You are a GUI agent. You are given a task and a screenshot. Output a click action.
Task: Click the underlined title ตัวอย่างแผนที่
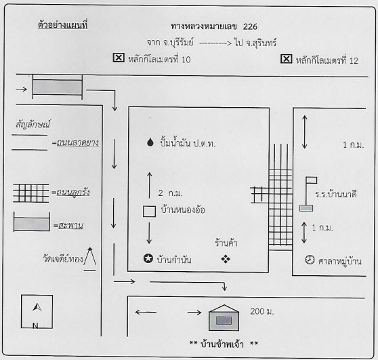(63, 25)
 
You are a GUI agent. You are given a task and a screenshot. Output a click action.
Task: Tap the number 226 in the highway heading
(250, 26)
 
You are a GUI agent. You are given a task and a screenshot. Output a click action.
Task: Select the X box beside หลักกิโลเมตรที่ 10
(119, 58)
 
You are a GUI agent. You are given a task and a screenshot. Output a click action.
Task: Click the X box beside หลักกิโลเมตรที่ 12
(286, 59)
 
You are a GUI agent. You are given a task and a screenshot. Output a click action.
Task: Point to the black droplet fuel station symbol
(150, 142)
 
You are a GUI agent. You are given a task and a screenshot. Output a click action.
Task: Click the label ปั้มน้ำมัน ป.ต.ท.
(188, 143)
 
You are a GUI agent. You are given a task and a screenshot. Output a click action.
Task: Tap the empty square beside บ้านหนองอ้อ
(149, 212)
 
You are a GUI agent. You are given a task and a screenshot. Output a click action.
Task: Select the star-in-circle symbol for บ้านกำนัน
(148, 258)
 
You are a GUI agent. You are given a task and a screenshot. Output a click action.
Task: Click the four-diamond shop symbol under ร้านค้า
(226, 259)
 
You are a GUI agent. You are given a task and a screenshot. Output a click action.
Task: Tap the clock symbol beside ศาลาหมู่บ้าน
(310, 260)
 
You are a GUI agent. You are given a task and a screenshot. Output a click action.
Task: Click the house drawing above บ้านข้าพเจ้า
(224, 318)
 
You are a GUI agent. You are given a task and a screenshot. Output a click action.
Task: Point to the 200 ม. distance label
(262, 312)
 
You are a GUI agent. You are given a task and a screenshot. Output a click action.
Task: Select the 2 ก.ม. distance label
(171, 193)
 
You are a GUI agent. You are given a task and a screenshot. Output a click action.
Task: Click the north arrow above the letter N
(37, 307)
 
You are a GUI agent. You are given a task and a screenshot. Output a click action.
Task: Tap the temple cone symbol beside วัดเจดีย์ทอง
(90, 259)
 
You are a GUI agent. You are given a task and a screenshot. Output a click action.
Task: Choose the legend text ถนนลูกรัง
(73, 193)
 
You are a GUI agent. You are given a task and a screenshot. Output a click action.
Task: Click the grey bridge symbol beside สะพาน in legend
(32, 222)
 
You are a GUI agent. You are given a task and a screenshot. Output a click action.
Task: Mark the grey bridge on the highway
(58, 87)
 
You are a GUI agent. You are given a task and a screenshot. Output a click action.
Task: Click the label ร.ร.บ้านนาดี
(336, 195)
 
